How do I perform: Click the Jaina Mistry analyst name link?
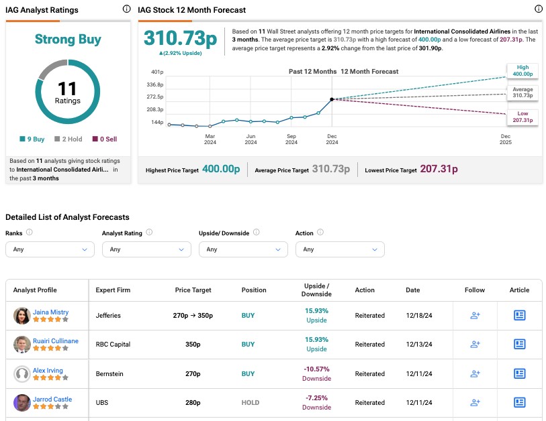[50, 312]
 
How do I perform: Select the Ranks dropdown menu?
[50, 249]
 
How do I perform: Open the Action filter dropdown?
[340, 249]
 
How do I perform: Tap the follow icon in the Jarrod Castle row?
[475, 402]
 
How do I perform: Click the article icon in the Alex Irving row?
[519, 373]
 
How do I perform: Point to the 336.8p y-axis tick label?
[156, 85]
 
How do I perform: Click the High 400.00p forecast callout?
[523, 70]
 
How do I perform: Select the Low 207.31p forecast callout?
[523, 117]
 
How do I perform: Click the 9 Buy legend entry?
[33, 139]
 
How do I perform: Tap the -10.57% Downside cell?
[316, 373]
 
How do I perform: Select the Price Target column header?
[193, 290]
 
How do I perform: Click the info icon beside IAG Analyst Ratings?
[127, 9]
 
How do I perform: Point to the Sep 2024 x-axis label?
[291, 139]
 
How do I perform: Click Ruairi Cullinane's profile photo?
[21, 345]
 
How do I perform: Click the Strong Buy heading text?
[67, 40]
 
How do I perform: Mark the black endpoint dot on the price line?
[332, 99]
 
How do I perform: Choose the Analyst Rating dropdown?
[146, 249]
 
